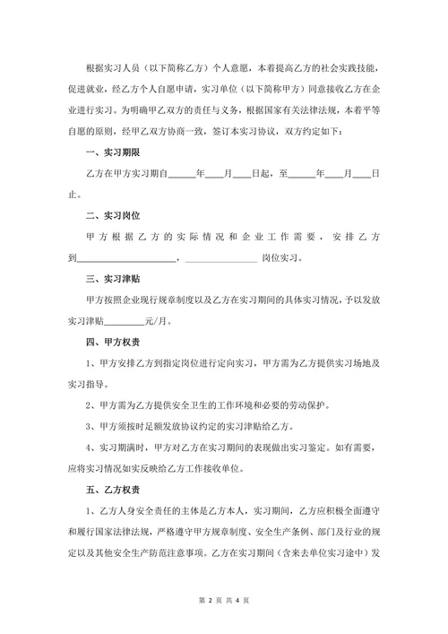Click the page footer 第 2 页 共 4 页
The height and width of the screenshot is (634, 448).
(x=224, y=599)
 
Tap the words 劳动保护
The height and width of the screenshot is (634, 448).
(x=310, y=404)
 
